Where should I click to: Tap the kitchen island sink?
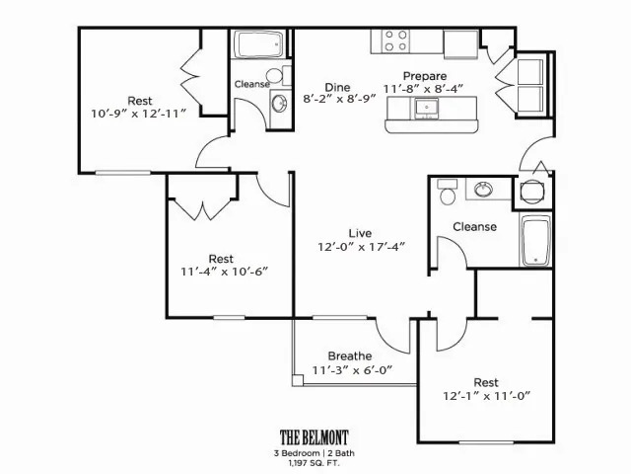point(426,108)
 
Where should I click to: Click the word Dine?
point(337,87)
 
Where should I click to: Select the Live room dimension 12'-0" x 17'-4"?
point(361,247)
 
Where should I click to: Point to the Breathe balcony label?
point(350,355)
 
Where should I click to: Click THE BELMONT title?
point(315,437)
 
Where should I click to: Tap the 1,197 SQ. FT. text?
point(315,463)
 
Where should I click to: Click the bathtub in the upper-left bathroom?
point(259,44)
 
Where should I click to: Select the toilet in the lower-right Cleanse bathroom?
point(447,193)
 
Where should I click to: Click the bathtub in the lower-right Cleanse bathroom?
point(535,240)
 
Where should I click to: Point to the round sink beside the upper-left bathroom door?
point(279,104)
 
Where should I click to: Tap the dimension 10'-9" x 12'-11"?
point(139,114)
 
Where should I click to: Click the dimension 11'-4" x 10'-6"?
point(224,272)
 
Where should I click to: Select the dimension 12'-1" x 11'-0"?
point(487,396)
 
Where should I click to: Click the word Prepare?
point(425,76)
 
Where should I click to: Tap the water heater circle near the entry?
point(532,192)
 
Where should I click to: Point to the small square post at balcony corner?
point(298,380)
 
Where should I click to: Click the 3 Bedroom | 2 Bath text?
point(315,453)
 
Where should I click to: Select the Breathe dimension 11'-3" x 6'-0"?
point(352,370)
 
